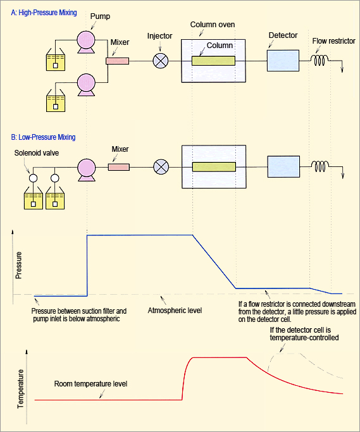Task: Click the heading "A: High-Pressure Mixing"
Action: (x=44, y=13)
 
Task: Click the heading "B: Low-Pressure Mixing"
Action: (x=43, y=137)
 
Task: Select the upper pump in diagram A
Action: (x=86, y=42)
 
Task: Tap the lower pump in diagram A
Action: (x=86, y=85)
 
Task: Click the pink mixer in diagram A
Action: (x=118, y=61)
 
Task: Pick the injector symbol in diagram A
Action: (x=161, y=61)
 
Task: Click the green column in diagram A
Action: (x=214, y=61)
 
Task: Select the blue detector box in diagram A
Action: (x=283, y=61)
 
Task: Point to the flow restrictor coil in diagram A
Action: (x=320, y=60)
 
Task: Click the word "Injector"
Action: (x=159, y=36)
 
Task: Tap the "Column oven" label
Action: (x=213, y=25)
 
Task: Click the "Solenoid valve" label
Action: (x=37, y=153)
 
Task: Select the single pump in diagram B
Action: (x=87, y=170)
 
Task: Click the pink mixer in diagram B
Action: (x=119, y=167)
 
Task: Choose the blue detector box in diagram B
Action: (x=283, y=167)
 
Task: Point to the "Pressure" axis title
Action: (x=18, y=265)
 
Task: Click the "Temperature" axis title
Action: (x=20, y=388)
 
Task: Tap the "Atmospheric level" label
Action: (x=175, y=311)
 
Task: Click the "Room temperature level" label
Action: (x=90, y=384)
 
